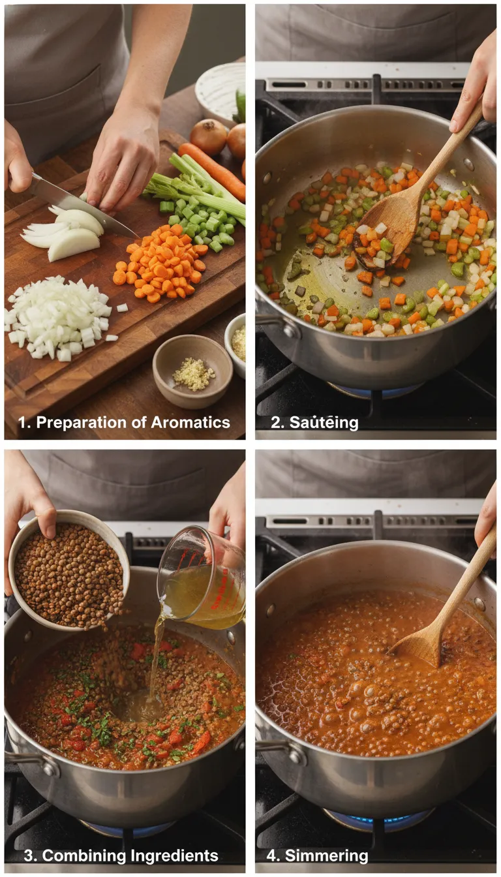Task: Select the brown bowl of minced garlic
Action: point(192,371)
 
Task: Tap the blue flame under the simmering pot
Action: point(378,820)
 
